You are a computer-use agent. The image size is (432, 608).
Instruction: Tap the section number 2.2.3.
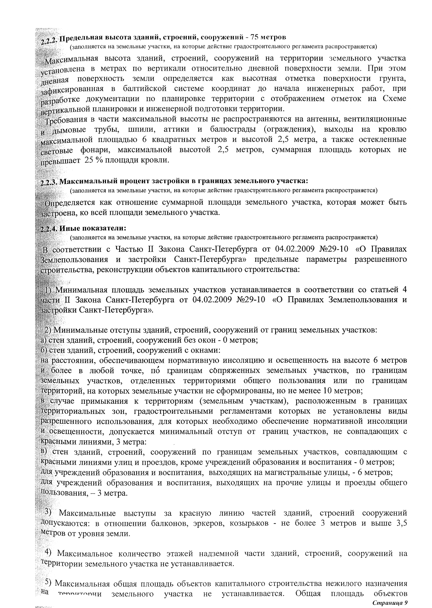pos(49,182)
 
